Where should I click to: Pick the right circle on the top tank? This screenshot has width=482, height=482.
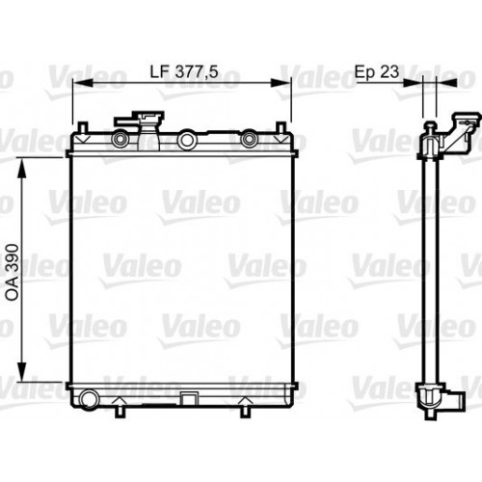point(250,141)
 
